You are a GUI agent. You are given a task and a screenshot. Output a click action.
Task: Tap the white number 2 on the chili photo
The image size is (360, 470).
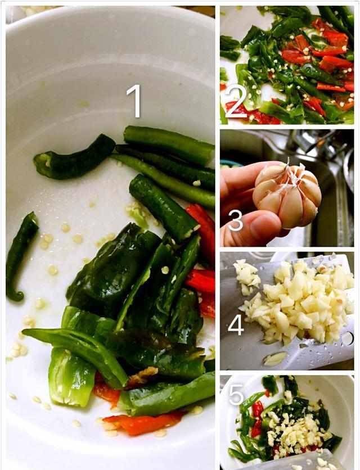click(x=236, y=102)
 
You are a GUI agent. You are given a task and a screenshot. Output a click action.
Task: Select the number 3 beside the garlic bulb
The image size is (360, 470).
click(x=236, y=220)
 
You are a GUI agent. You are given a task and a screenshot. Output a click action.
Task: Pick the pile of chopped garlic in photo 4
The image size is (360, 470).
click(x=300, y=302)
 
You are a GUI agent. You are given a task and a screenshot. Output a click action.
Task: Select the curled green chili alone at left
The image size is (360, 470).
click(x=20, y=255)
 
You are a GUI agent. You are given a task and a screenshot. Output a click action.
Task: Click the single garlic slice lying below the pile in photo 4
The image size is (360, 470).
click(x=274, y=359)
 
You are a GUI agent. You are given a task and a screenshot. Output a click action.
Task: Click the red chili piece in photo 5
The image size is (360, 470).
click(x=257, y=419)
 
